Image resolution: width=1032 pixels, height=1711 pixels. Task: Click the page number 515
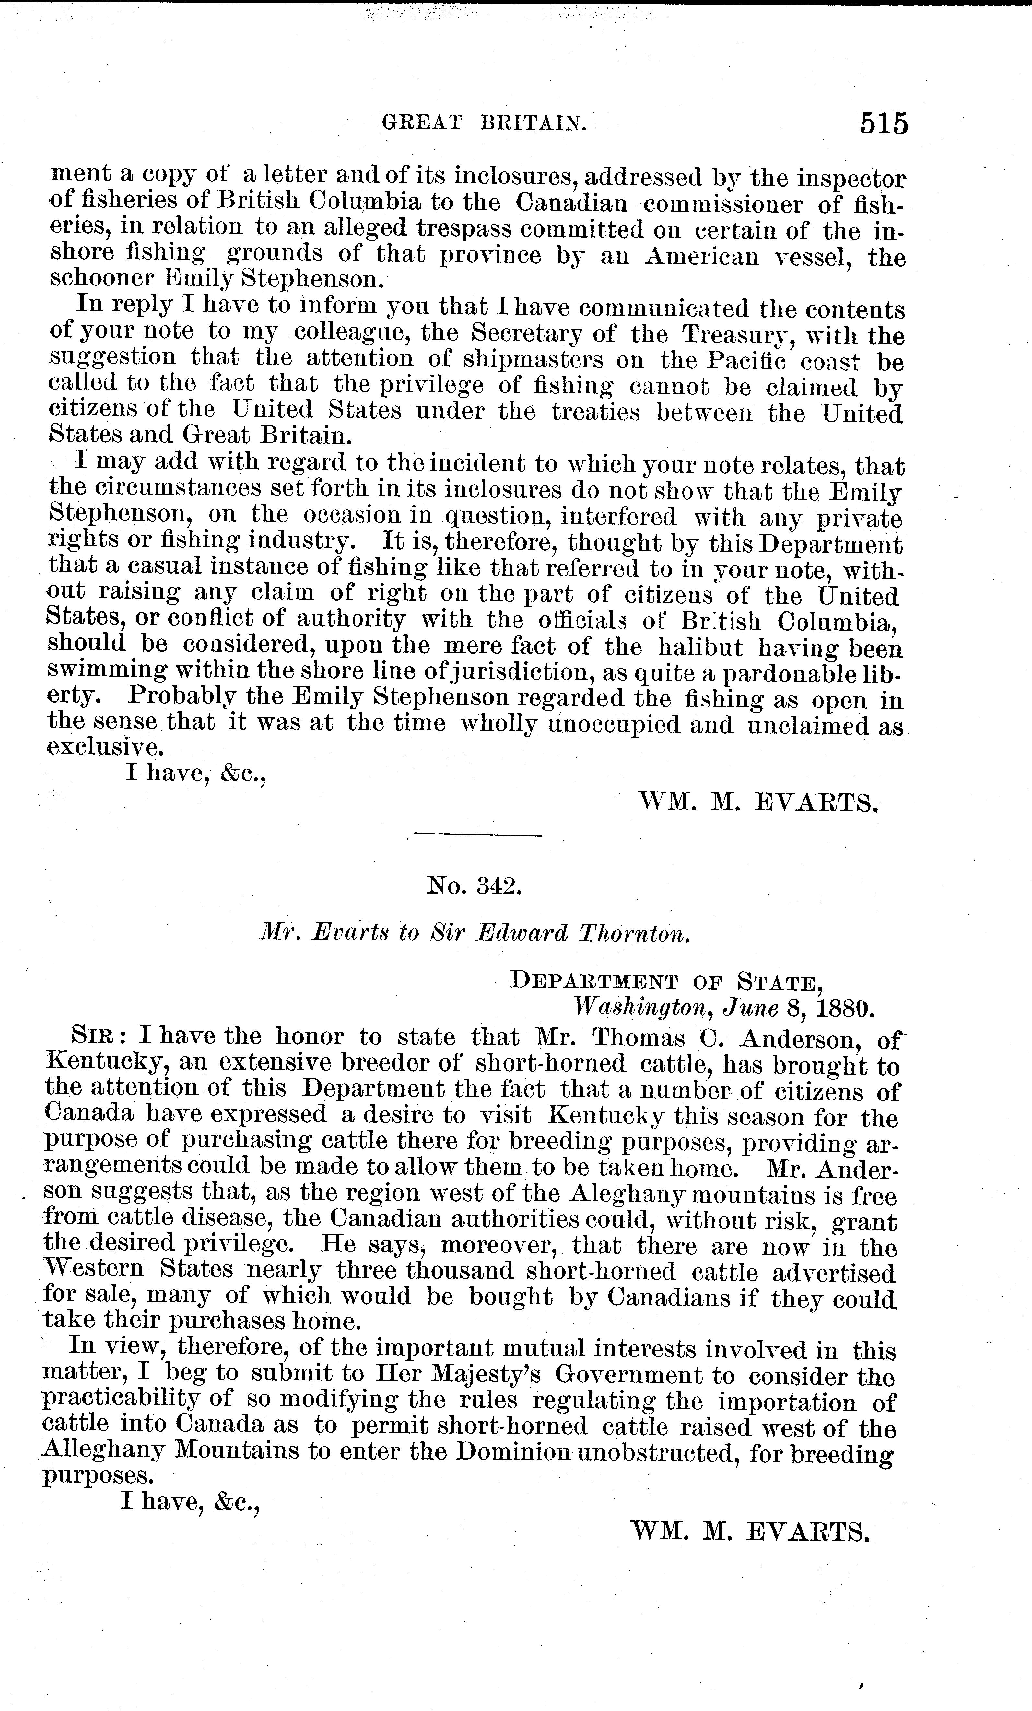(x=883, y=123)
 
